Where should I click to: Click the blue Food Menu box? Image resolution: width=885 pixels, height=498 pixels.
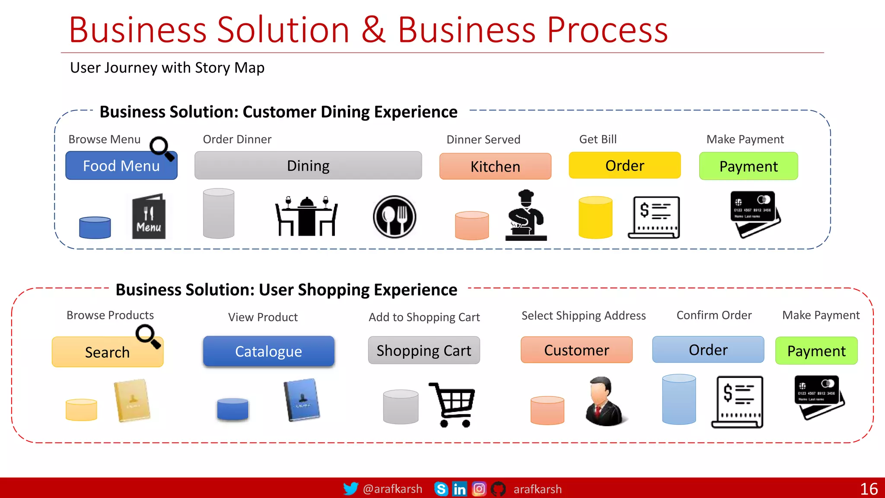(x=121, y=166)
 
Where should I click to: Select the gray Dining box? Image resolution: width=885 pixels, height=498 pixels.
(x=308, y=166)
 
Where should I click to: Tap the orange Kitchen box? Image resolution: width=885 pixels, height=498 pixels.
(x=495, y=166)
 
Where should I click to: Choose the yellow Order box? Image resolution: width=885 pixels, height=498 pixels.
(x=624, y=166)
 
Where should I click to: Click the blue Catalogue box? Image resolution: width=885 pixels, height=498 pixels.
(x=268, y=351)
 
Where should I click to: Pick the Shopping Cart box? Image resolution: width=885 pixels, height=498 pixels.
(x=423, y=351)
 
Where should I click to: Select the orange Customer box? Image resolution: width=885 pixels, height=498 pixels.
(x=576, y=350)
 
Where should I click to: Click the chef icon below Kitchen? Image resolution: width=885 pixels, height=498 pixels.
(x=526, y=215)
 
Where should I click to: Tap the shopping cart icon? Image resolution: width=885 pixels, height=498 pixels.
(x=452, y=404)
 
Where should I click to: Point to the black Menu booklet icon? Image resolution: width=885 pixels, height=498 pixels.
(x=148, y=217)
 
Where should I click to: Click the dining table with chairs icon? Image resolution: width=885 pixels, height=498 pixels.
(x=306, y=216)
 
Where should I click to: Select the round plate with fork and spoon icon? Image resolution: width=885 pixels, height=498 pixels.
(x=394, y=217)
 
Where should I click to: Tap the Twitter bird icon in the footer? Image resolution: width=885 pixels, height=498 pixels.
(x=350, y=488)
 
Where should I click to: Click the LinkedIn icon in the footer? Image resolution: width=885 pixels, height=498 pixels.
(x=459, y=489)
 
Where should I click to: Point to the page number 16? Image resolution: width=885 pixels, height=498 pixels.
(x=869, y=489)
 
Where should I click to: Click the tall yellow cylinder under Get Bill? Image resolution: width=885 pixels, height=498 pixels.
(x=595, y=217)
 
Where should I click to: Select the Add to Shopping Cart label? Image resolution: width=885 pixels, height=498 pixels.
(x=424, y=317)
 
